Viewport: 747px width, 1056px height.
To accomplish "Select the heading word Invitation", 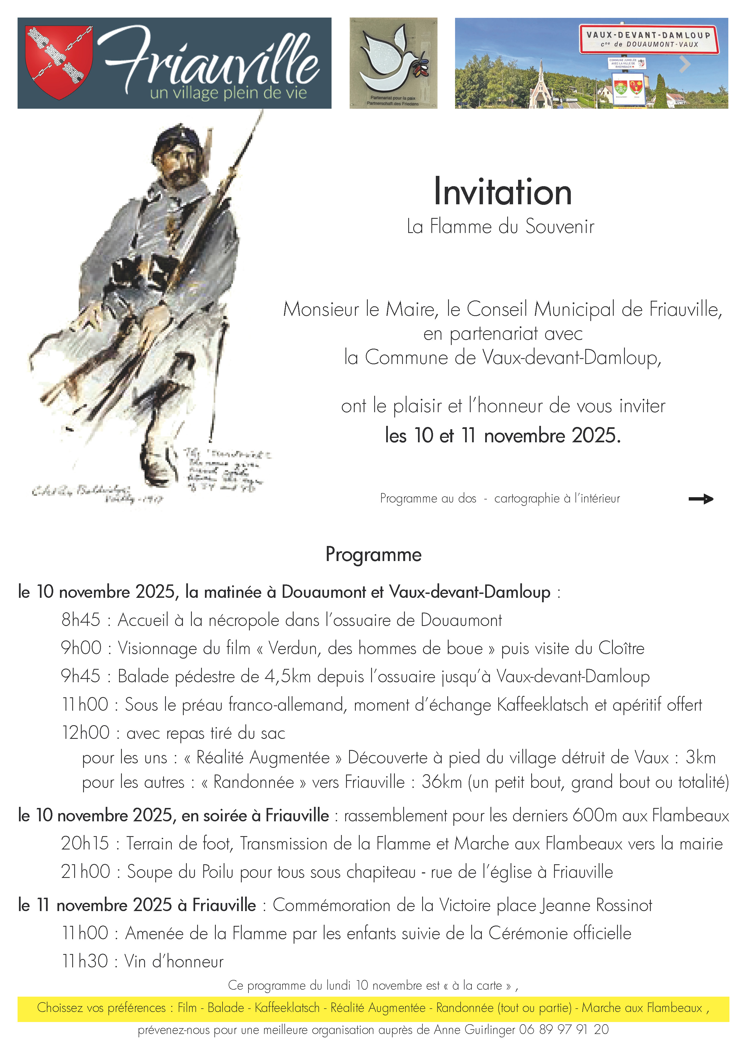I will tap(503, 192).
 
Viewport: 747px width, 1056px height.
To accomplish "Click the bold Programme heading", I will tap(373, 555).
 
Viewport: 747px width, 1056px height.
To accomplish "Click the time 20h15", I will tap(85, 844).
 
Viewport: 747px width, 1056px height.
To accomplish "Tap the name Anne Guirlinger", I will tap(474, 1029).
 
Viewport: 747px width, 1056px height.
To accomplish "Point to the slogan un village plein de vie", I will tap(228, 93).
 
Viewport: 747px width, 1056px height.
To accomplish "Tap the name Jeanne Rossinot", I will tap(596, 905).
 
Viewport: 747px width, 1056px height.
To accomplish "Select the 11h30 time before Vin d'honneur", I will tap(85, 961).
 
